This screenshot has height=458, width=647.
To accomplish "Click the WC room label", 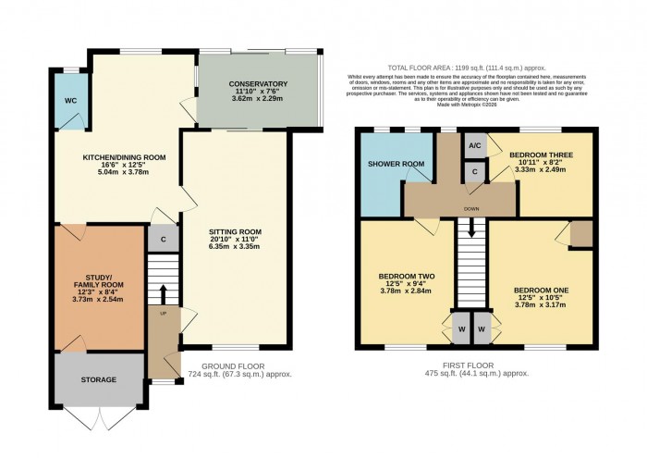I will (70, 101).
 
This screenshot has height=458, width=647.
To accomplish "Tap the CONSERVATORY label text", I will (258, 85).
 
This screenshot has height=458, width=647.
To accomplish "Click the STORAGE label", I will (98, 379).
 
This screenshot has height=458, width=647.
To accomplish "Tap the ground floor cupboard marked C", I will (163, 239).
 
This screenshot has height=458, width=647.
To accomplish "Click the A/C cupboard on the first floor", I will (474, 146).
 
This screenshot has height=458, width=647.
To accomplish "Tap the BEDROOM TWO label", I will (407, 278).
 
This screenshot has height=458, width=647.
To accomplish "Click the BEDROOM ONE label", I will (541, 291).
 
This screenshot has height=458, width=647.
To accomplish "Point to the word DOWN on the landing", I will (471, 210).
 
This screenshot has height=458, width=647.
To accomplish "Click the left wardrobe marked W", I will (460, 328).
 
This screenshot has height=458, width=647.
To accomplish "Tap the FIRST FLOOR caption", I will (471, 365).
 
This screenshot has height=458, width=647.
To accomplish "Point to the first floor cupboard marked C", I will (475, 171).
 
